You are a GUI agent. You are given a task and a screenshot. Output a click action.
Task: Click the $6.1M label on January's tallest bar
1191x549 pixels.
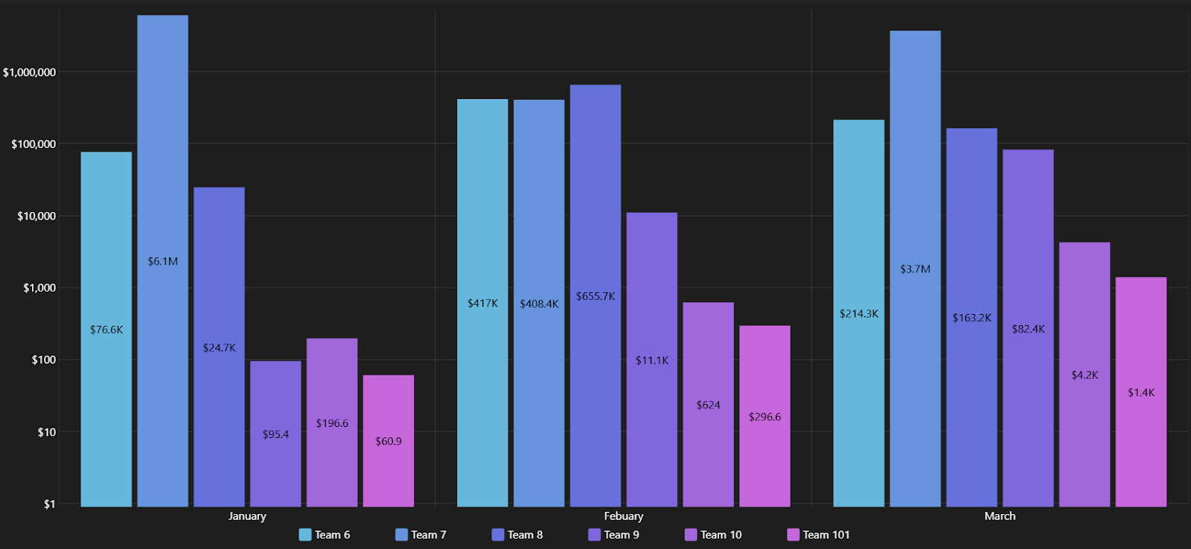pyautogui.click(x=162, y=261)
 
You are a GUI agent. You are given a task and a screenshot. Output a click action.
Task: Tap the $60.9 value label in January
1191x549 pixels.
pyautogui.click(x=389, y=441)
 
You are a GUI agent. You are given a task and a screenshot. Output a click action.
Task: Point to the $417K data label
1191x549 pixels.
pyautogui.click(x=482, y=303)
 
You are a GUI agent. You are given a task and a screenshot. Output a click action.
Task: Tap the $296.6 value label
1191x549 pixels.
pyautogui.click(x=764, y=417)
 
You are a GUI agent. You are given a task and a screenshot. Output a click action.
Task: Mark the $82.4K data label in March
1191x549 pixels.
pyautogui.click(x=1028, y=329)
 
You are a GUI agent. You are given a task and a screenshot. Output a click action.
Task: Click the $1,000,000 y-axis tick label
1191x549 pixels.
pyautogui.click(x=29, y=72)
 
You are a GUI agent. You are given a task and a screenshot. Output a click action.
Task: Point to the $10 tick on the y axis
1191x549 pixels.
pyautogui.click(x=46, y=432)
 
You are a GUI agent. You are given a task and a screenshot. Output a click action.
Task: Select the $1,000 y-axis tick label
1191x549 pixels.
pyautogui.click(x=39, y=288)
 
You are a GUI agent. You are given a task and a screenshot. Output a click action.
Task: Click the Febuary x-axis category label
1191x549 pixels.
pyautogui.click(x=623, y=516)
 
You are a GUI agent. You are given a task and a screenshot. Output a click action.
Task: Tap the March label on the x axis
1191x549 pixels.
pyautogui.click(x=1000, y=516)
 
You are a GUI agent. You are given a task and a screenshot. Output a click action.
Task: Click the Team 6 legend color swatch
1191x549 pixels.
pyautogui.click(x=305, y=535)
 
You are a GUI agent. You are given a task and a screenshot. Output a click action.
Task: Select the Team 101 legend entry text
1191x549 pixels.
pyautogui.click(x=826, y=535)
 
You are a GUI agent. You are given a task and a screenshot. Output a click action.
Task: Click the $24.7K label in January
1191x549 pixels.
pyautogui.click(x=219, y=347)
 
